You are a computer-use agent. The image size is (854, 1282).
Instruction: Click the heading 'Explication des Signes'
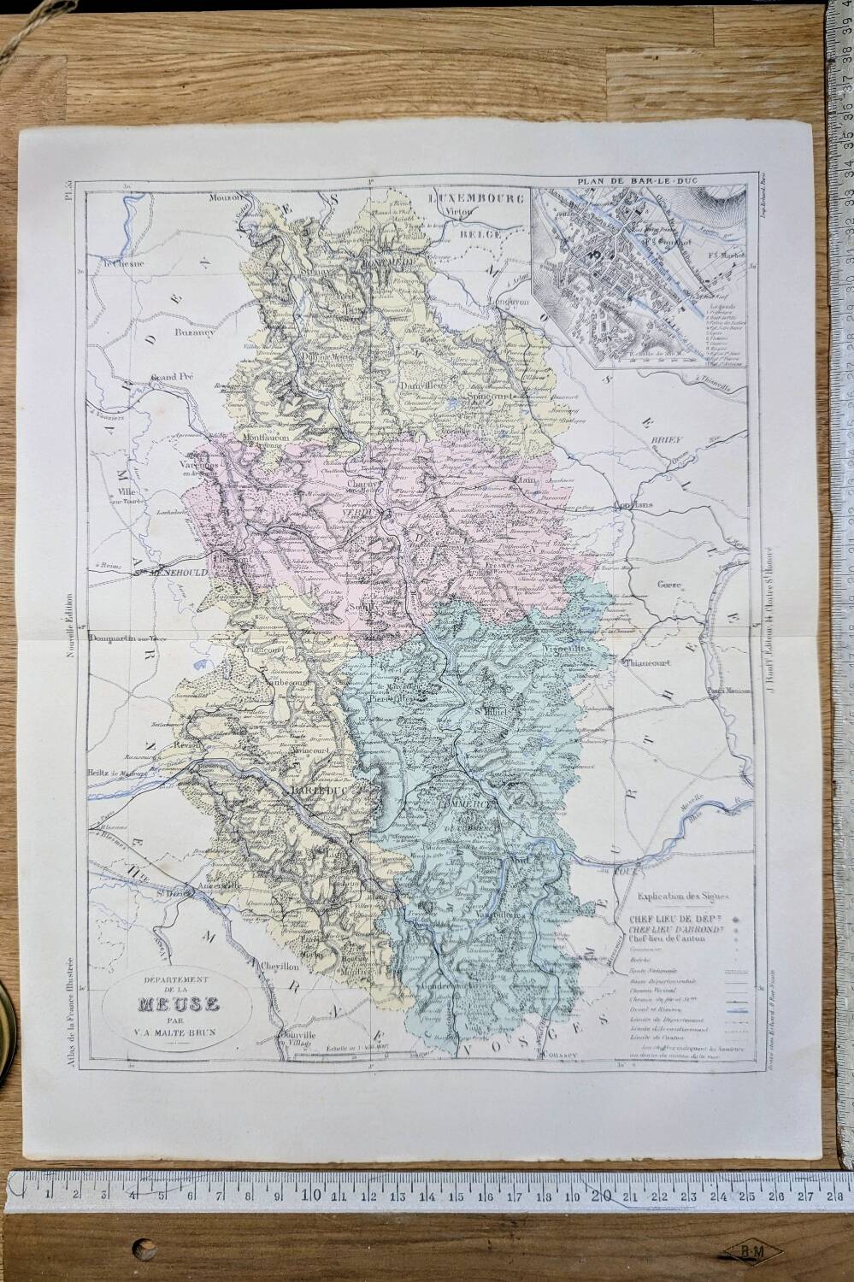click(680, 897)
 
